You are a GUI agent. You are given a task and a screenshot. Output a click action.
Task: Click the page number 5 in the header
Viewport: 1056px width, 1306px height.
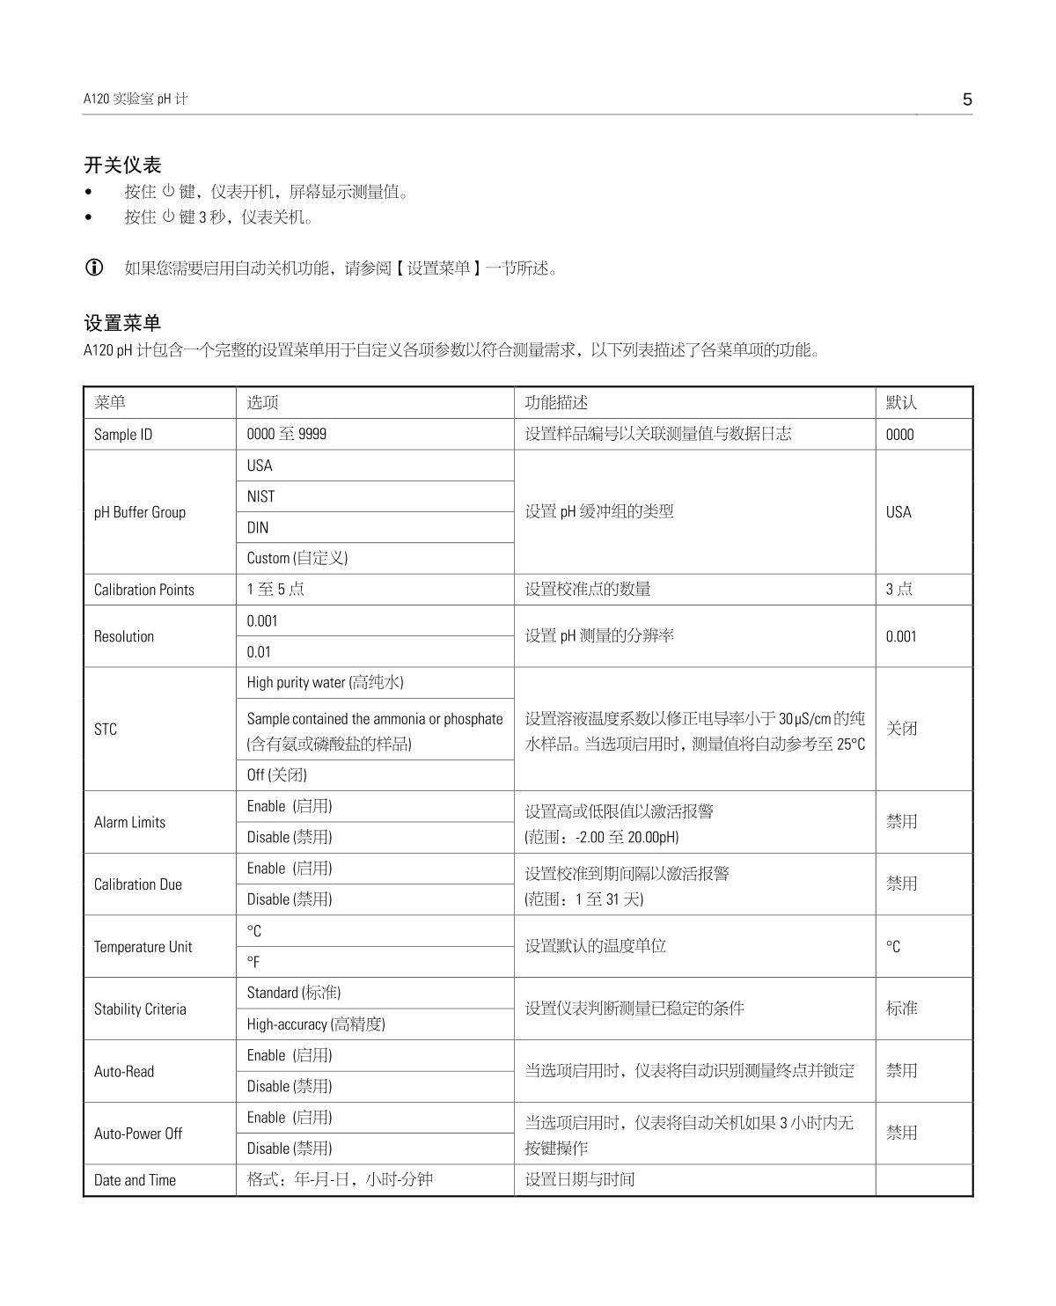tap(967, 99)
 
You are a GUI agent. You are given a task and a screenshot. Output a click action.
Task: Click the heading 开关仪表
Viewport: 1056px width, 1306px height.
tap(122, 165)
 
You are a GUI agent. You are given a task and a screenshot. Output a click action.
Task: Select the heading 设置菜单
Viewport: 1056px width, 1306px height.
tap(122, 323)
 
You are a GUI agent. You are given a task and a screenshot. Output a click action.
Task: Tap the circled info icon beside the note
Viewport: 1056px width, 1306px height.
tap(93, 268)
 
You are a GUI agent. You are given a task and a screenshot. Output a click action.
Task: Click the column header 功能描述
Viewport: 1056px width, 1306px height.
tap(556, 402)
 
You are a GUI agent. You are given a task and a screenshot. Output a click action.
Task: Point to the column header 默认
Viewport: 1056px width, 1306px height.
tap(901, 402)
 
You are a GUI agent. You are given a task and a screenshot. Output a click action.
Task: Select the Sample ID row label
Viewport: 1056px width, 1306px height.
tap(122, 434)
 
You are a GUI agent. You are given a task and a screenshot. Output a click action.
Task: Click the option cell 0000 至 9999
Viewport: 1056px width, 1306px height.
tap(286, 434)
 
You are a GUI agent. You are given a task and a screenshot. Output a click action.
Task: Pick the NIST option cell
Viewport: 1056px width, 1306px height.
tap(260, 496)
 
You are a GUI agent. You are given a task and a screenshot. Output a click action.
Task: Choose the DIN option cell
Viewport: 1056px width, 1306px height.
tap(258, 528)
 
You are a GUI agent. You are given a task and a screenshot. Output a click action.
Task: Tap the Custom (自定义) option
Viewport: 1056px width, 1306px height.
tap(297, 558)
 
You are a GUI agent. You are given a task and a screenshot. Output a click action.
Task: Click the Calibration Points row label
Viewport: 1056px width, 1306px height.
tap(144, 590)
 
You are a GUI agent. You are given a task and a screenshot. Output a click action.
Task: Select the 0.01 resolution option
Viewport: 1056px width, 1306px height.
tap(259, 652)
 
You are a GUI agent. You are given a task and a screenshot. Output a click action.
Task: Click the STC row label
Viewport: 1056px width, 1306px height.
tap(105, 729)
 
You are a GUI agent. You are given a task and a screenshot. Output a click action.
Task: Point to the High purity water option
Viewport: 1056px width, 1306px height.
tap(325, 682)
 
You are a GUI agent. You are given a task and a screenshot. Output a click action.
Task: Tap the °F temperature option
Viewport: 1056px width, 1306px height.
tap(253, 962)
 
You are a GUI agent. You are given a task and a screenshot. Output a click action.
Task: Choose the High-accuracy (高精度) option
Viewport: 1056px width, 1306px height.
tap(316, 1024)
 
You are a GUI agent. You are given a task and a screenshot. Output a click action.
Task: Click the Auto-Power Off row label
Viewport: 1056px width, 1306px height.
tap(138, 1134)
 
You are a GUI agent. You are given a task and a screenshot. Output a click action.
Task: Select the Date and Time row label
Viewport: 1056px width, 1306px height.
tap(135, 1180)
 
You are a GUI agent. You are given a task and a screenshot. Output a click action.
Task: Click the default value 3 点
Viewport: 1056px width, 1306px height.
tap(899, 590)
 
